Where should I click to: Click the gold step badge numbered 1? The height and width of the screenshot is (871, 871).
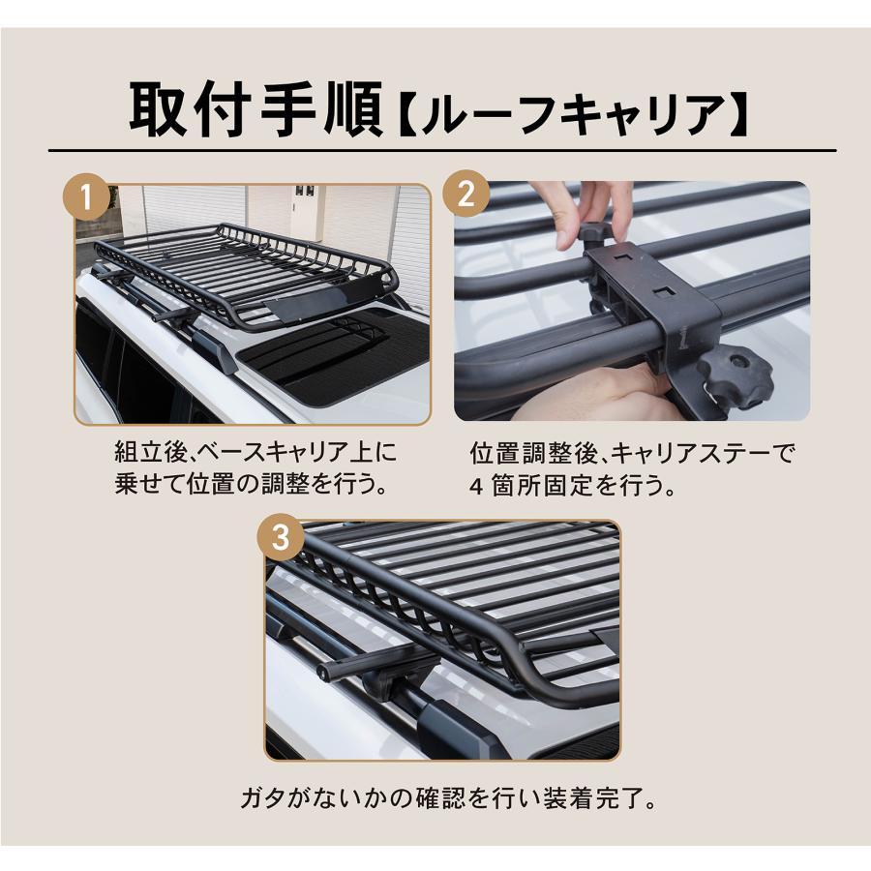tap(86, 195)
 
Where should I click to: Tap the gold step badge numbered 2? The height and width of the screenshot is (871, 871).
tap(466, 194)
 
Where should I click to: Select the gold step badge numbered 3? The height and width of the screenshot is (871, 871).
tap(281, 537)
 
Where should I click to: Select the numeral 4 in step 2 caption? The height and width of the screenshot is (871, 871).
tap(475, 487)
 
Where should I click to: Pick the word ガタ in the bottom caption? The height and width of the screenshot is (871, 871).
tap(262, 798)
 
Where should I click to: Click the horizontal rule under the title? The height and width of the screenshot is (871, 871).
tap(442, 151)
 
